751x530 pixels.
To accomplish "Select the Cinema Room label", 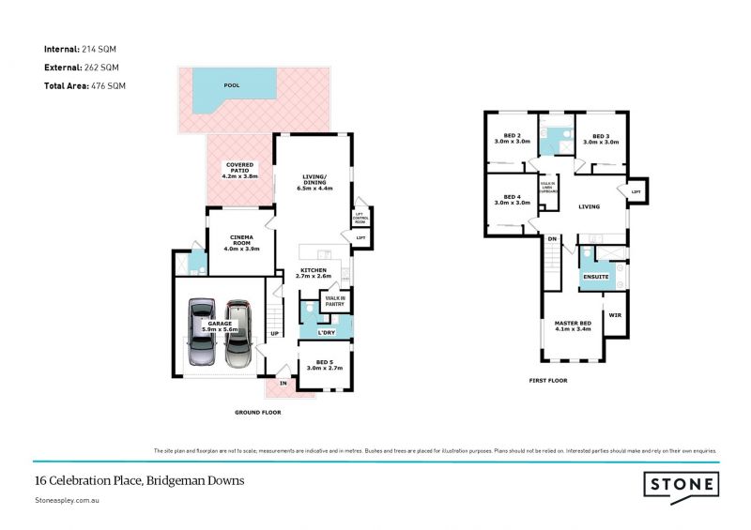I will (241, 244).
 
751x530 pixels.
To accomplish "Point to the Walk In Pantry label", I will (335, 301).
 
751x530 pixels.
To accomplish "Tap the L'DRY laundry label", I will (327, 332).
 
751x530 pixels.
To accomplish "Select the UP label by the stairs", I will (274, 332).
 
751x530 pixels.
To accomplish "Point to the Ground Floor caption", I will (257, 412).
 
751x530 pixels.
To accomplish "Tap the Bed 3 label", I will (601, 139).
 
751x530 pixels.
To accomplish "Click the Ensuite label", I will (595, 278).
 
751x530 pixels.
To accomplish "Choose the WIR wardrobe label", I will (616, 315).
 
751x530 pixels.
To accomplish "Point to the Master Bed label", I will (572, 326).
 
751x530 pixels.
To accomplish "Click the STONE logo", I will (681, 485).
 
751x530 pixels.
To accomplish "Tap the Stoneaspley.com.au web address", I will (67, 502).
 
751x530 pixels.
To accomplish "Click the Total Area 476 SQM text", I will (85, 85).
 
